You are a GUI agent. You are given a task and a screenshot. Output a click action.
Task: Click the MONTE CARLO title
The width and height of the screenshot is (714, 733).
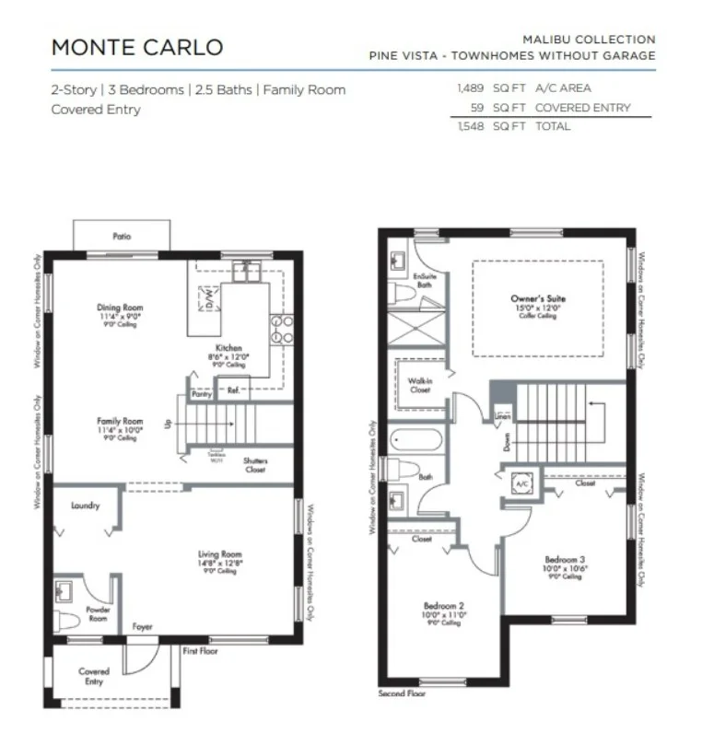coord(136,47)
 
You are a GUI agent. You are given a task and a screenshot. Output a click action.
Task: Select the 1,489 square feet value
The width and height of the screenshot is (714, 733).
coord(472,89)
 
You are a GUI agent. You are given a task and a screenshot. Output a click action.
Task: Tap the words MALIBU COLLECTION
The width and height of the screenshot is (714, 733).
coord(589,40)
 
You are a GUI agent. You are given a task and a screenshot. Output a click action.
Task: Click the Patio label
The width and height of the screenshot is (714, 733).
coord(122,237)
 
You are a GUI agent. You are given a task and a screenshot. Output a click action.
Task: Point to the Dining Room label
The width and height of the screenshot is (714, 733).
coord(120,308)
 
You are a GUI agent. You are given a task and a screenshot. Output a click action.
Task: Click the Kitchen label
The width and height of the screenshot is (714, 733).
coord(228,349)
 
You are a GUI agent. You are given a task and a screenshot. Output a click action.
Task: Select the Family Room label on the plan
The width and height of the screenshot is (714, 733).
coord(120,422)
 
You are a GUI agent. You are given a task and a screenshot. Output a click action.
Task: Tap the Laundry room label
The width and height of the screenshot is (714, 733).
coord(85,506)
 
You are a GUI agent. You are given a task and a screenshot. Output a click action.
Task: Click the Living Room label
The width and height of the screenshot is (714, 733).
coord(219,554)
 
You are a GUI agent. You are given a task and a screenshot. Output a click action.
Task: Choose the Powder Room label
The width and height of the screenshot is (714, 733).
coord(98,610)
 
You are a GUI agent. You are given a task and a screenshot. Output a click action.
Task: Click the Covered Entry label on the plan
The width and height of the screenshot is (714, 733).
coord(93,672)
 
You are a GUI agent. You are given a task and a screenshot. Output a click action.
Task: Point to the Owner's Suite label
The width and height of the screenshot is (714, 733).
coord(538,299)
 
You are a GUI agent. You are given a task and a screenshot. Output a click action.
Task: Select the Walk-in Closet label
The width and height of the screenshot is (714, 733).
coord(419,384)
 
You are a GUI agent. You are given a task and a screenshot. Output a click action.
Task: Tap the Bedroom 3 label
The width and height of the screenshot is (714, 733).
coord(565,559)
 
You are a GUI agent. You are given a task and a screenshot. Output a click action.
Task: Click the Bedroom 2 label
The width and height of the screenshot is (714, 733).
coord(442,606)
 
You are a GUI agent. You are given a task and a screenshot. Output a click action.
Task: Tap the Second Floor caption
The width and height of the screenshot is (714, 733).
coord(403,693)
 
